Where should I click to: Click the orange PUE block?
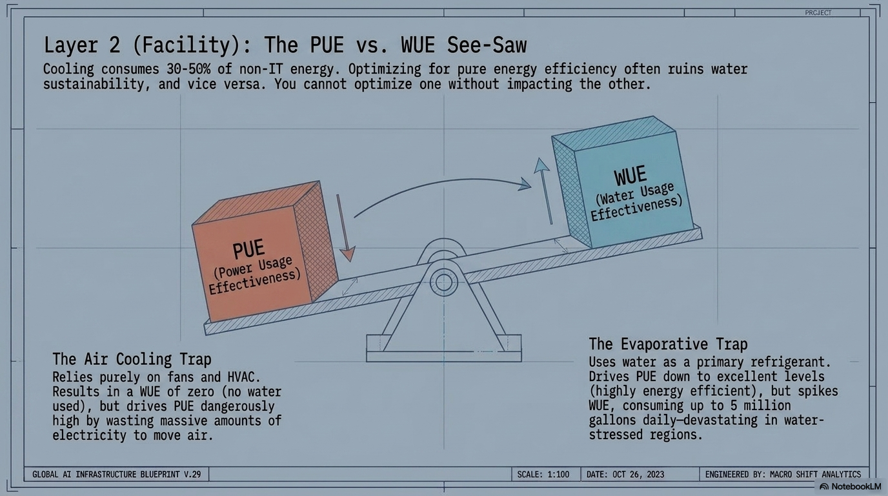(265, 252)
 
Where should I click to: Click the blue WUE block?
(622, 183)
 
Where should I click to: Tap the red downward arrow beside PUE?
(345, 228)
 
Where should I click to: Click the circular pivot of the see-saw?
(443, 282)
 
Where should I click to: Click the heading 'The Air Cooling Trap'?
(132, 359)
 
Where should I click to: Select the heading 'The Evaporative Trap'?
(668, 344)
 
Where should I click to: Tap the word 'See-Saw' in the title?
(487, 45)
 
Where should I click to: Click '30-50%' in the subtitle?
(188, 69)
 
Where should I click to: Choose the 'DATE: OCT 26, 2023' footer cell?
(625, 474)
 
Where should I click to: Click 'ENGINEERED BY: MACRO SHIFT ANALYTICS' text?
(783, 474)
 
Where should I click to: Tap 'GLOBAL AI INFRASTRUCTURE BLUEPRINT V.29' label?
(117, 474)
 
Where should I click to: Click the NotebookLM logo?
(851, 486)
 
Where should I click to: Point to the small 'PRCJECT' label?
(818, 13)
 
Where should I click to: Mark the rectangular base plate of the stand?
(443, 356)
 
